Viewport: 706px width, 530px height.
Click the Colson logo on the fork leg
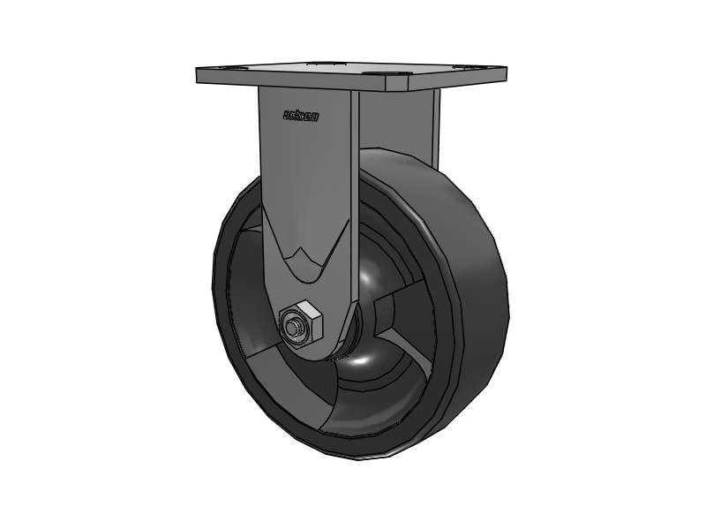coord(301,115)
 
